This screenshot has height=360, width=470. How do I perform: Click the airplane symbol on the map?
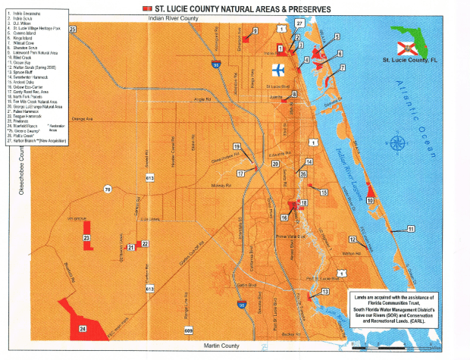pos(278,70)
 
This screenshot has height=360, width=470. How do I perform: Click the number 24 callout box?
pos(82,329)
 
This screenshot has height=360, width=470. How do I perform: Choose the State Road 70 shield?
pos(108,189)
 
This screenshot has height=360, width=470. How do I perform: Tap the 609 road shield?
pos(188,331)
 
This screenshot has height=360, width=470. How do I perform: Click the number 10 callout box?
pos(370,201)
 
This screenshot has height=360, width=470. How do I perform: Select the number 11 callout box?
pos(410,228)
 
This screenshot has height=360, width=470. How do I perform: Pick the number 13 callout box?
pos(325,292)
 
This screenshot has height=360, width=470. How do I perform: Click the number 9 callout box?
pos(255,30)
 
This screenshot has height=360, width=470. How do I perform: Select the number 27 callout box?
pos(299,24)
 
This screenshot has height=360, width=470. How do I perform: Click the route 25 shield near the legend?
pos(73,29)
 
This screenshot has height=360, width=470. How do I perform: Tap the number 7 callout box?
pos(342,68)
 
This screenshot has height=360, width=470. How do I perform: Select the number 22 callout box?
pos(145,243)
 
